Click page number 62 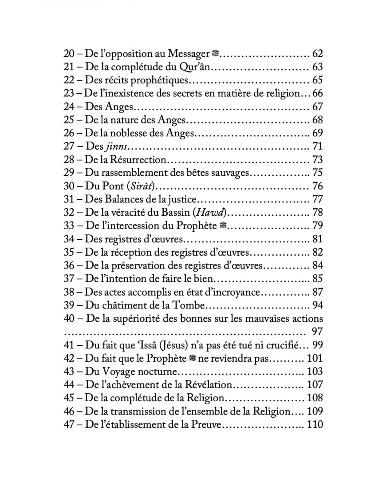(317, 55)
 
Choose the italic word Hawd (213, 212)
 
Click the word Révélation (208, 384)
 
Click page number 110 (315, 424)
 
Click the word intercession (144, 225)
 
